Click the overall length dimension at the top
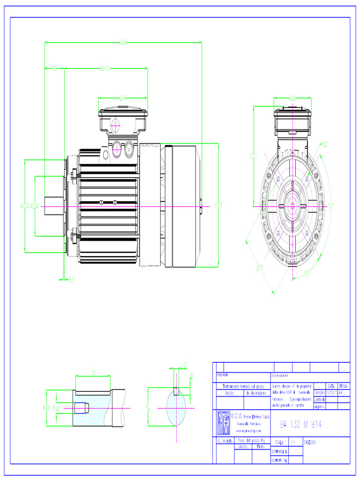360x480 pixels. click(x=123, y=43)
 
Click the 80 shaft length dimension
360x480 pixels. click(x=54, y=69)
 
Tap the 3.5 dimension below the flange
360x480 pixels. click(x=71, y=279)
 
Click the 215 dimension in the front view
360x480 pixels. click(x=254, y=156)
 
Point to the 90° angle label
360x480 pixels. click(x=331, y=205)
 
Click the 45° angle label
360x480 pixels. click(x=307, y=273)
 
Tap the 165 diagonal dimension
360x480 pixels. click(x=259, y=268)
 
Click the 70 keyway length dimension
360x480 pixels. click(x=93, y=373)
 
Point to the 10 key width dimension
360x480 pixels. click(x=186, y=365)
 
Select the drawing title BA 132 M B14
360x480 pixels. click(x=300, y=425)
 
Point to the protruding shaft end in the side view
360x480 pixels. click(x=54, y=206)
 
